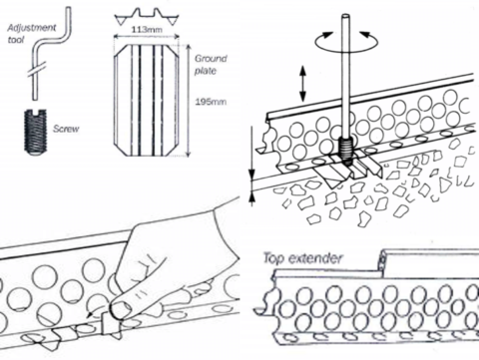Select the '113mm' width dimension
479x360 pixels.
pyautogui.click(x=143, y=31)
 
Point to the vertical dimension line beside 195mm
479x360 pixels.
pyautogui.click(x=187, y=100)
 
